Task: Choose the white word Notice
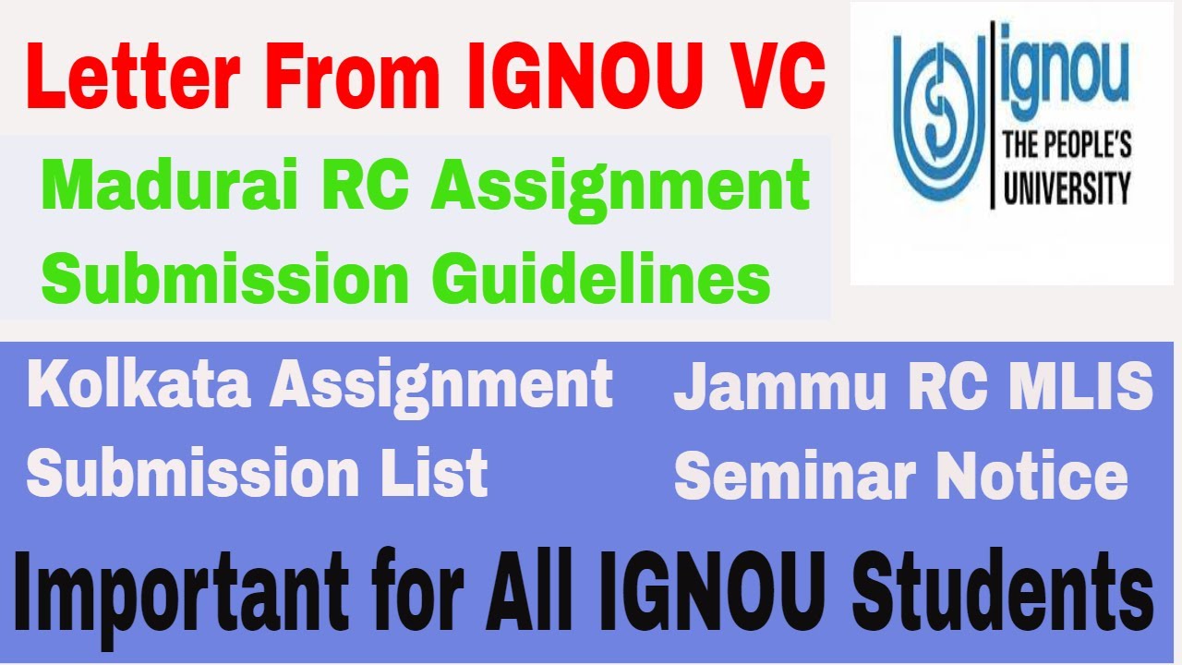(1036, 476)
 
